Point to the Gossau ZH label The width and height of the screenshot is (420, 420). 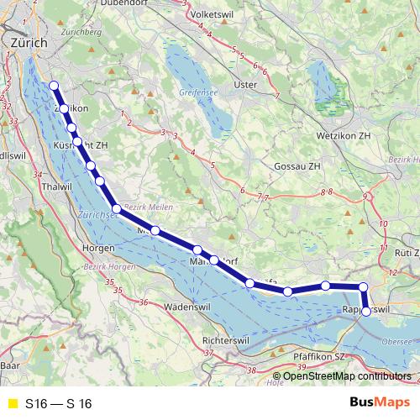coord(297,166)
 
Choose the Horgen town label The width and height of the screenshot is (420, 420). coord(99,249)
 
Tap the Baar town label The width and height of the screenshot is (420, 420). coord(9,366)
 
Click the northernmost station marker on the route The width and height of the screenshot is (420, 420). coord(54,85)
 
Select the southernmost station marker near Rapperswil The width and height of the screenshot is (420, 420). coord(366,312)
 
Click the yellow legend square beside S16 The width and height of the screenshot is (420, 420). coord(12,404)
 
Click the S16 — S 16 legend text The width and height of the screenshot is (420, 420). coord(58,404)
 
